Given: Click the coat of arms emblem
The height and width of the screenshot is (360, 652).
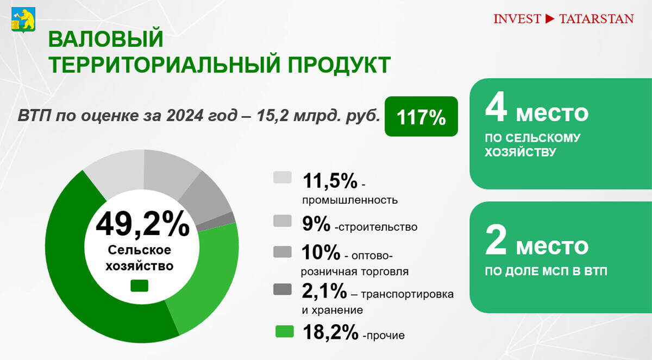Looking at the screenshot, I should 22,20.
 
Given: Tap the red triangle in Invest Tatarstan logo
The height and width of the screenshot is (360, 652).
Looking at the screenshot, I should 549,19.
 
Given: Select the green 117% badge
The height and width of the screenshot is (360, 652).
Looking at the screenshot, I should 421,116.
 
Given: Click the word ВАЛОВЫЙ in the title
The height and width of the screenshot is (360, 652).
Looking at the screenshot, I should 106,39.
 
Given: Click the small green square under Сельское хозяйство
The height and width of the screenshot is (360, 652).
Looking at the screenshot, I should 140,286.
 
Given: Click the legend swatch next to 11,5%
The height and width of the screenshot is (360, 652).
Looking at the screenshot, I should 283,178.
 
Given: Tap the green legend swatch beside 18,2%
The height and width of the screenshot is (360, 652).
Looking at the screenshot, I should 284,331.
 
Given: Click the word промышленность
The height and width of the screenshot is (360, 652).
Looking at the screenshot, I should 350,200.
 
